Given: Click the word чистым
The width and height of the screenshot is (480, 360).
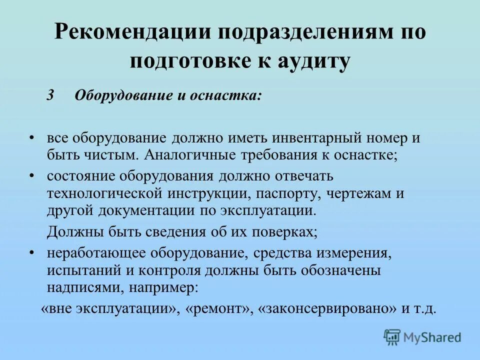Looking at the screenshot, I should point(108,154).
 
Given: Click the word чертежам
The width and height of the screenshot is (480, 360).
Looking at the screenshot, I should point(353,193).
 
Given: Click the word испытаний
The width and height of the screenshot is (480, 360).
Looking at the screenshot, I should point(77,270).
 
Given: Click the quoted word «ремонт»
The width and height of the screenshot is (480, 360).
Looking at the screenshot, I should point(218,308).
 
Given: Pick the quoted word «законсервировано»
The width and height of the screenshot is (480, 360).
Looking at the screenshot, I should point(328,308).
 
